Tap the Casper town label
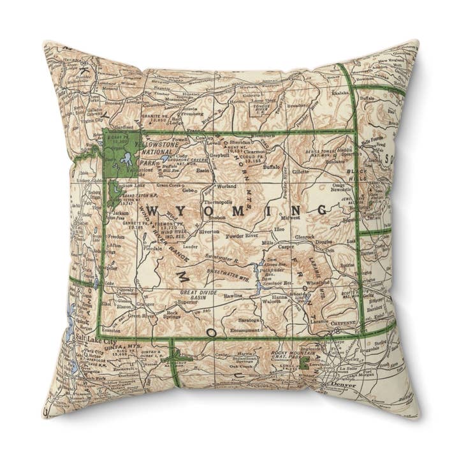point(286,246)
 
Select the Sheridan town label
point(241,143)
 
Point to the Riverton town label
point(209,232)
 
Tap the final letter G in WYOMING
point(321,209)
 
